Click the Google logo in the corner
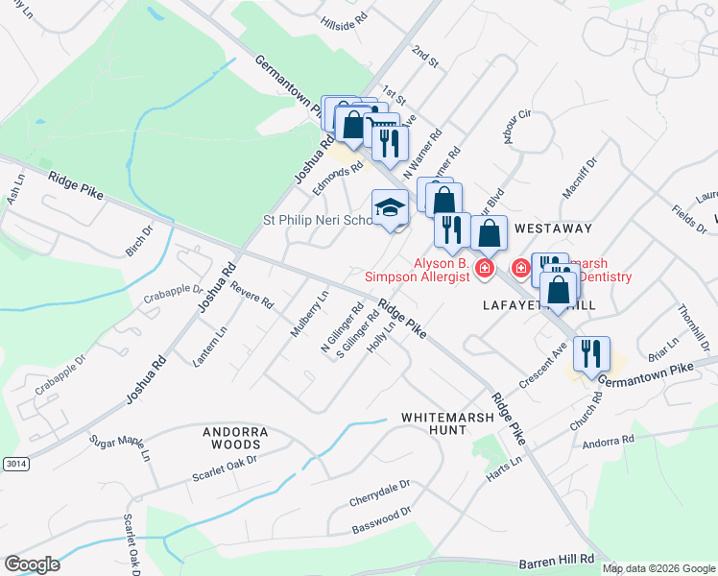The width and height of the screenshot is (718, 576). point(32,564)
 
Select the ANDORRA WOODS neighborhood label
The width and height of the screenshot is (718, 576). point(231,439)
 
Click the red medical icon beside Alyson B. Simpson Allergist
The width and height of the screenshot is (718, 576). point(485,268)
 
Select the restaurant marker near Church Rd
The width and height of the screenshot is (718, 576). point(591,353)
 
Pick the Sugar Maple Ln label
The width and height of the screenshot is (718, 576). point(121,446)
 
